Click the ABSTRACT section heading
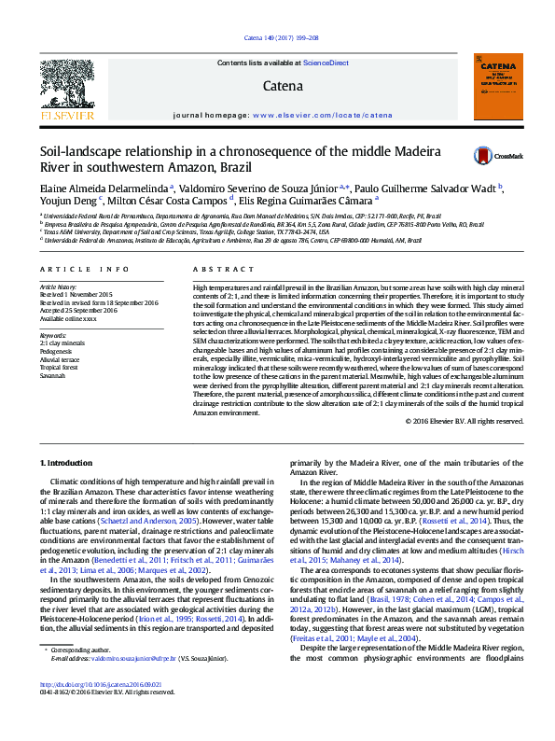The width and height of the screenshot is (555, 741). coord(213,269)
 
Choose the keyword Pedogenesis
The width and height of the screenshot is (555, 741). coord(58,349)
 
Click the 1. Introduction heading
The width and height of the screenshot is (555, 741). coord(67,463)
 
